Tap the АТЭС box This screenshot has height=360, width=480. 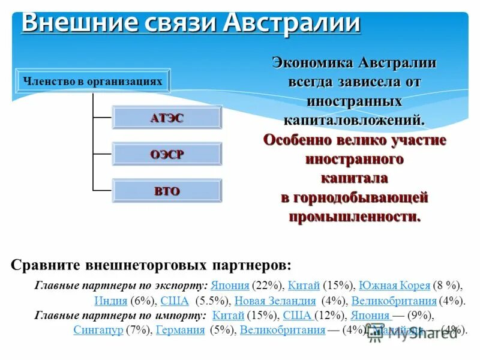167,118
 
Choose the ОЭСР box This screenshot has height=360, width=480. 167,154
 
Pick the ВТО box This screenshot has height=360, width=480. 167,191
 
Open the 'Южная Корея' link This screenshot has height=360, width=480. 394,286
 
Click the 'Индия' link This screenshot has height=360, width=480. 110,301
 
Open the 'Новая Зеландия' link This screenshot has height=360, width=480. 275,301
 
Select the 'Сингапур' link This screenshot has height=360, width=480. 98,329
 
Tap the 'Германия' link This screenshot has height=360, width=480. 180,329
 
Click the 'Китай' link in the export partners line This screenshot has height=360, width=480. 304,286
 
